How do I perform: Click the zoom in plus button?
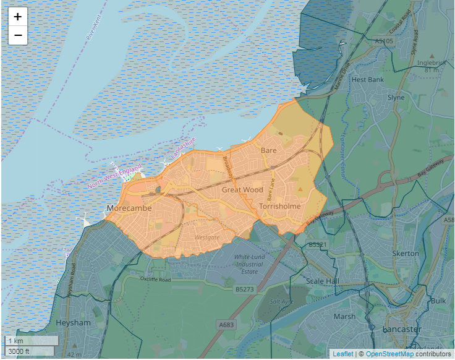[18, 17]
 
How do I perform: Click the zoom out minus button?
[18, 36]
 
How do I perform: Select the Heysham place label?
[73, 323]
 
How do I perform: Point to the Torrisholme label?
[280, 206]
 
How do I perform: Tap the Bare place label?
[269, 150]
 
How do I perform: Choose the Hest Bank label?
[367, 80]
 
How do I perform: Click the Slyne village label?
[396, 98]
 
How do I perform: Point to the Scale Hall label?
[323, 281]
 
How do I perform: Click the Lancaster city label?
[402, 328]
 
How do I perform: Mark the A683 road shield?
[226, 324]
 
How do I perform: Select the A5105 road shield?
[384, 41]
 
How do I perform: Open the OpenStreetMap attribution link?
[389, 354]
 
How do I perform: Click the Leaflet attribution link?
[343, 354]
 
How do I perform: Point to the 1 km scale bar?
[31, 341]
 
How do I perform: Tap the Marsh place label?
[344, 316]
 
